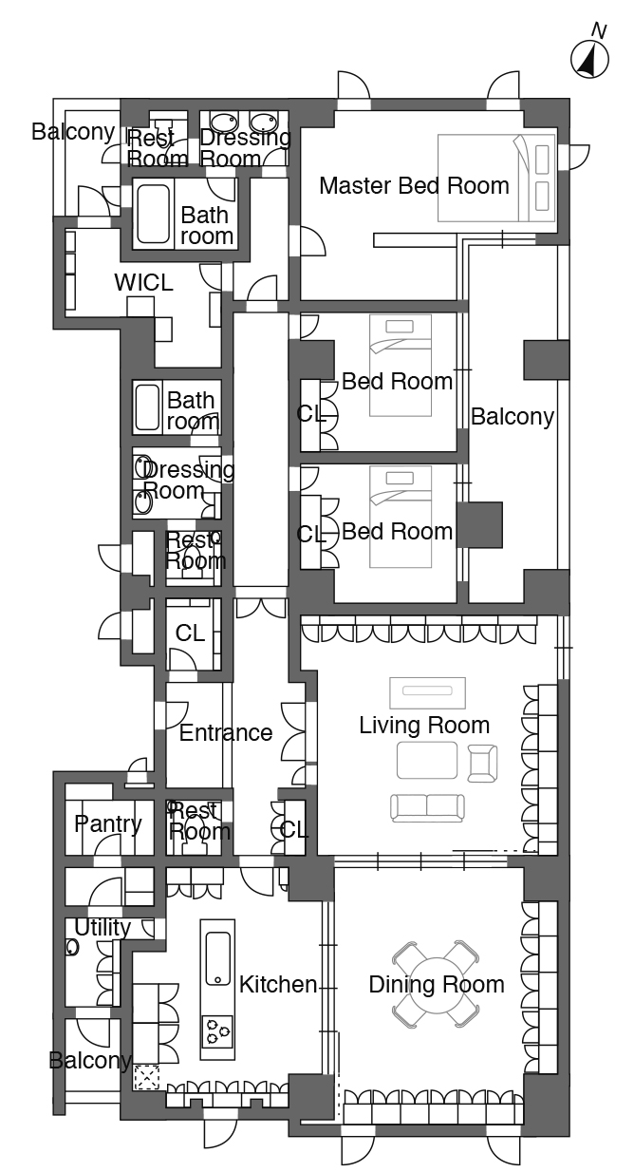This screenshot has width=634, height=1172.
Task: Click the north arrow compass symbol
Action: tap(589, 60)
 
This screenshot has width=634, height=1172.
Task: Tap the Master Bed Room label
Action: tap(414, 186)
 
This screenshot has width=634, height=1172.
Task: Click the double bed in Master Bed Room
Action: tap(496, 178)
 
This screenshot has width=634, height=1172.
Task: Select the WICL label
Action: tap(143, 282)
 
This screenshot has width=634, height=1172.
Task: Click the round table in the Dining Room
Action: tap(436, 985)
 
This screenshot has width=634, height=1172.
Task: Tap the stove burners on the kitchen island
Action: tap(217, 1030)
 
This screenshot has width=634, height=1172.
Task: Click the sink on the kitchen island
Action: tap(217, 958)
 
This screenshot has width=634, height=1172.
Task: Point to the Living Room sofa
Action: tap(427, 807)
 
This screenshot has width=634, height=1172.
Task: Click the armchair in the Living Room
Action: tap(482, 764)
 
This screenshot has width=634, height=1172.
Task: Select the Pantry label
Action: tap(107, 824)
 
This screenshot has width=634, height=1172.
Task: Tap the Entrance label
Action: tap(226, 732)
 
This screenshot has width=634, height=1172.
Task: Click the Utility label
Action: tap(103, 927)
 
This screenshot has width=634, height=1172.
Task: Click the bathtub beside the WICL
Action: tap(153, 214)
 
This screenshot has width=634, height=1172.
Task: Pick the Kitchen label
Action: tap(278, 985)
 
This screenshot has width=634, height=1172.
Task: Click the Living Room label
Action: tap(424, 726)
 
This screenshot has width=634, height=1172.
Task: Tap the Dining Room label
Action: tap(437, 985)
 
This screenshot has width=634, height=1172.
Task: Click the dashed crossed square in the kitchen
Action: tap(146, 1077)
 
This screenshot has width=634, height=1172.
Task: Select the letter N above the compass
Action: tap(600, 30)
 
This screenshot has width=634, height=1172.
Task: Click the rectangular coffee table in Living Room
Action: tap(427, 760)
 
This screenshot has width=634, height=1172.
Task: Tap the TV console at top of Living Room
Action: tap(427, 692)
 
